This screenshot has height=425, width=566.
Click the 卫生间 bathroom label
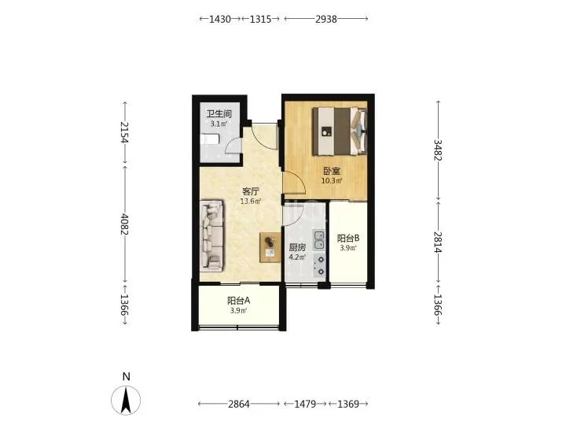pos(219,114)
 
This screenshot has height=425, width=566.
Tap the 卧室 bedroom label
pos(332,171)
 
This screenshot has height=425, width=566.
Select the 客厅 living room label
pos(251,191)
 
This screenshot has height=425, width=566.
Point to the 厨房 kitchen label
pos(297,248)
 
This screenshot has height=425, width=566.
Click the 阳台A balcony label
pos(239,301)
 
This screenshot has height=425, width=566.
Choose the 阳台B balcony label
pos(348,238)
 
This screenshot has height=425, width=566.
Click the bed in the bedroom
pos(340,131)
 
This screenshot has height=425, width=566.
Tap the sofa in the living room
pos(212,235)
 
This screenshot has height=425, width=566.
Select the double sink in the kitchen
pos(318,240)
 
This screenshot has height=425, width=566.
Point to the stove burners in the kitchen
pos(319,265)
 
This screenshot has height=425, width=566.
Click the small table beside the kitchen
pos(270,247)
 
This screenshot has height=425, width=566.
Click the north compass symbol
pos(126,400)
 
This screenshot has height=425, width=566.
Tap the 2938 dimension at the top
pos(326,19)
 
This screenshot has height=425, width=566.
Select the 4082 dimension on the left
pos(124,224)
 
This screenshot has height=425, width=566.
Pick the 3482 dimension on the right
pos(438,150)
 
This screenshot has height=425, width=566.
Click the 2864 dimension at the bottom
pos(239,404)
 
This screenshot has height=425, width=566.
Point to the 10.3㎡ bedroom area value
pos(332,181)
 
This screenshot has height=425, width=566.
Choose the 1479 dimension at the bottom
pos(305,404)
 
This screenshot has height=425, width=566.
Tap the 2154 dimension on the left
pos(124,132)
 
